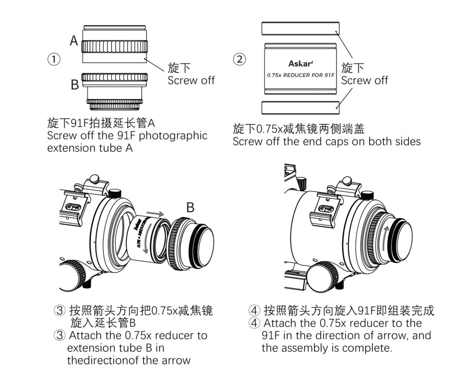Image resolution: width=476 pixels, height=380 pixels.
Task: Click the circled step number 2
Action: (240, 59)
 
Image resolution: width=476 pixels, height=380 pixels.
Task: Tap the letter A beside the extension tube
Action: (74, 41)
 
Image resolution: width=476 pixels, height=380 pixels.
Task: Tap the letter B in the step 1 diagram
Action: (74, 84)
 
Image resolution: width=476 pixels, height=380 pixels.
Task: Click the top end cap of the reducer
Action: (300, 29)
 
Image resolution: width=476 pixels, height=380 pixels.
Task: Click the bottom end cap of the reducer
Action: (300, 108)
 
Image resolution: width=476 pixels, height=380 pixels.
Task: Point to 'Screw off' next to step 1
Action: (191, 80)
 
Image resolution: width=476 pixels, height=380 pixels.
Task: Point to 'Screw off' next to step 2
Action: (364, 80)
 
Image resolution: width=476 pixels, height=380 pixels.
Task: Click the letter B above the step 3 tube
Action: (190, 208)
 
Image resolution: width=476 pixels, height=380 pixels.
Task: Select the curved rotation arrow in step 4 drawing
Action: (386, 237)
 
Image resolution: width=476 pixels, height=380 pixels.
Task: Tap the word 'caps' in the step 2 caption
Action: (329, 141)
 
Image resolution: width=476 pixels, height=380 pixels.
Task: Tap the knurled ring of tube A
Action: (115, 46)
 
